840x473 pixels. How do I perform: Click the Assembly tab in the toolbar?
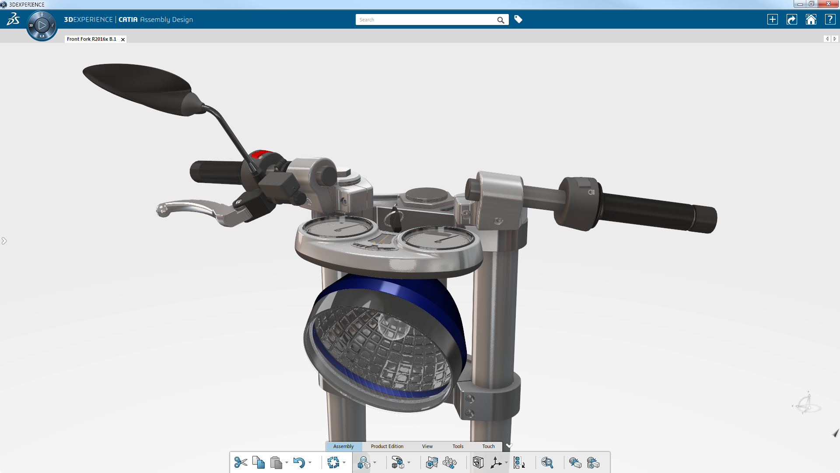point(343,446)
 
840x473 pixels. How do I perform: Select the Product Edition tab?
point(387,446)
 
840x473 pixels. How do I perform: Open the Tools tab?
point(458,446)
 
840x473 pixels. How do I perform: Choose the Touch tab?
point(488,446)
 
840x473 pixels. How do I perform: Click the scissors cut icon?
point(241,462)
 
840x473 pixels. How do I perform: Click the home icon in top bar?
point(811,20)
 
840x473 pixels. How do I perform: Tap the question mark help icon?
point(830,20)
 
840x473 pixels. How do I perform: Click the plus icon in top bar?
point(773,20)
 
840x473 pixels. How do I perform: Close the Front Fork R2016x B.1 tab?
point(123,39)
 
